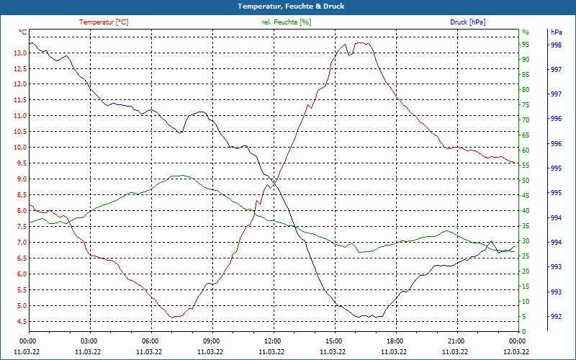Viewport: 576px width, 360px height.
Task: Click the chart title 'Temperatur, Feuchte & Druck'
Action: [x=287, y=6]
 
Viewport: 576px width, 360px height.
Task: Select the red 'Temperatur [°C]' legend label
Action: [x=104, y=22]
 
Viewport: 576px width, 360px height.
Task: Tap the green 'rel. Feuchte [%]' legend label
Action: [x=287, y=22]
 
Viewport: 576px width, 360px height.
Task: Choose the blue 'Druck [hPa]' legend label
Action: [x=467, y=22]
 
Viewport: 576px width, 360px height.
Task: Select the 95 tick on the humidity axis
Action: [x=526, y=44]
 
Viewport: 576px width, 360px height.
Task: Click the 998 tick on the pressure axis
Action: [x=556, y=45]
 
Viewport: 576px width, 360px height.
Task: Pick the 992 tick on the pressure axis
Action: [x=556, y=316]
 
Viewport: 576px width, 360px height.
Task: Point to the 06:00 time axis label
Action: [x=150, y=341]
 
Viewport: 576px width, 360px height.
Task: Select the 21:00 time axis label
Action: [x=456, y=341]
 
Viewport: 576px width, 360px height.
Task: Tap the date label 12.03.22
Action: [x=516, y=351]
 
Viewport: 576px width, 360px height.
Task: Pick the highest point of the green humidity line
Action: [x=183, y=175]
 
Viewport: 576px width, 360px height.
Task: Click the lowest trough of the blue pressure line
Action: [x=359, y=317]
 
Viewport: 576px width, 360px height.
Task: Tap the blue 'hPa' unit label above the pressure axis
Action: [x=556, y=32]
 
